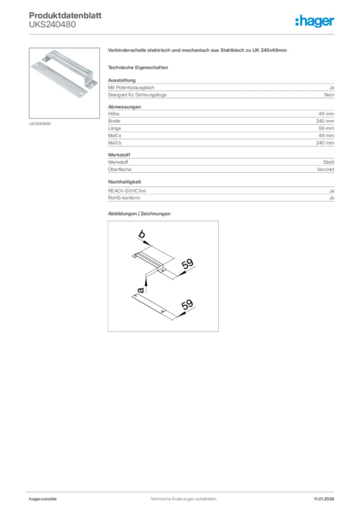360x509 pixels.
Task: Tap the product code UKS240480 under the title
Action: (52, 24)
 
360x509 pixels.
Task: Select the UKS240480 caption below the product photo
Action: (40, 124)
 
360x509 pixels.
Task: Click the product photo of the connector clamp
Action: (65, 83)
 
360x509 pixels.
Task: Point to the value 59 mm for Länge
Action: (326, 128)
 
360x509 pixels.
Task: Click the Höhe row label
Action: (114, 114)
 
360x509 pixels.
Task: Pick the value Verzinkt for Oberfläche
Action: (325, 170)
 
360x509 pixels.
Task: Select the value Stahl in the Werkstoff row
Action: (329, 162)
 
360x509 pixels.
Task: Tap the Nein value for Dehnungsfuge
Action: (329, 94)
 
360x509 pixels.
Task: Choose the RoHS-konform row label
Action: (124, 198)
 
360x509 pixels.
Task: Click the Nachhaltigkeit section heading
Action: (128, 182)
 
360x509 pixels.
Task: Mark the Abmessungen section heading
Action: (124, 106)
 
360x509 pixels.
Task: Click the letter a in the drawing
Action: (141, 289)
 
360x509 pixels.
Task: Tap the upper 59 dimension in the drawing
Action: (187, 264)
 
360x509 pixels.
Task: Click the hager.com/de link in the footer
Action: (43, 499)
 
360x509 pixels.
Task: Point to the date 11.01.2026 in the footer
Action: (324, 499)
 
